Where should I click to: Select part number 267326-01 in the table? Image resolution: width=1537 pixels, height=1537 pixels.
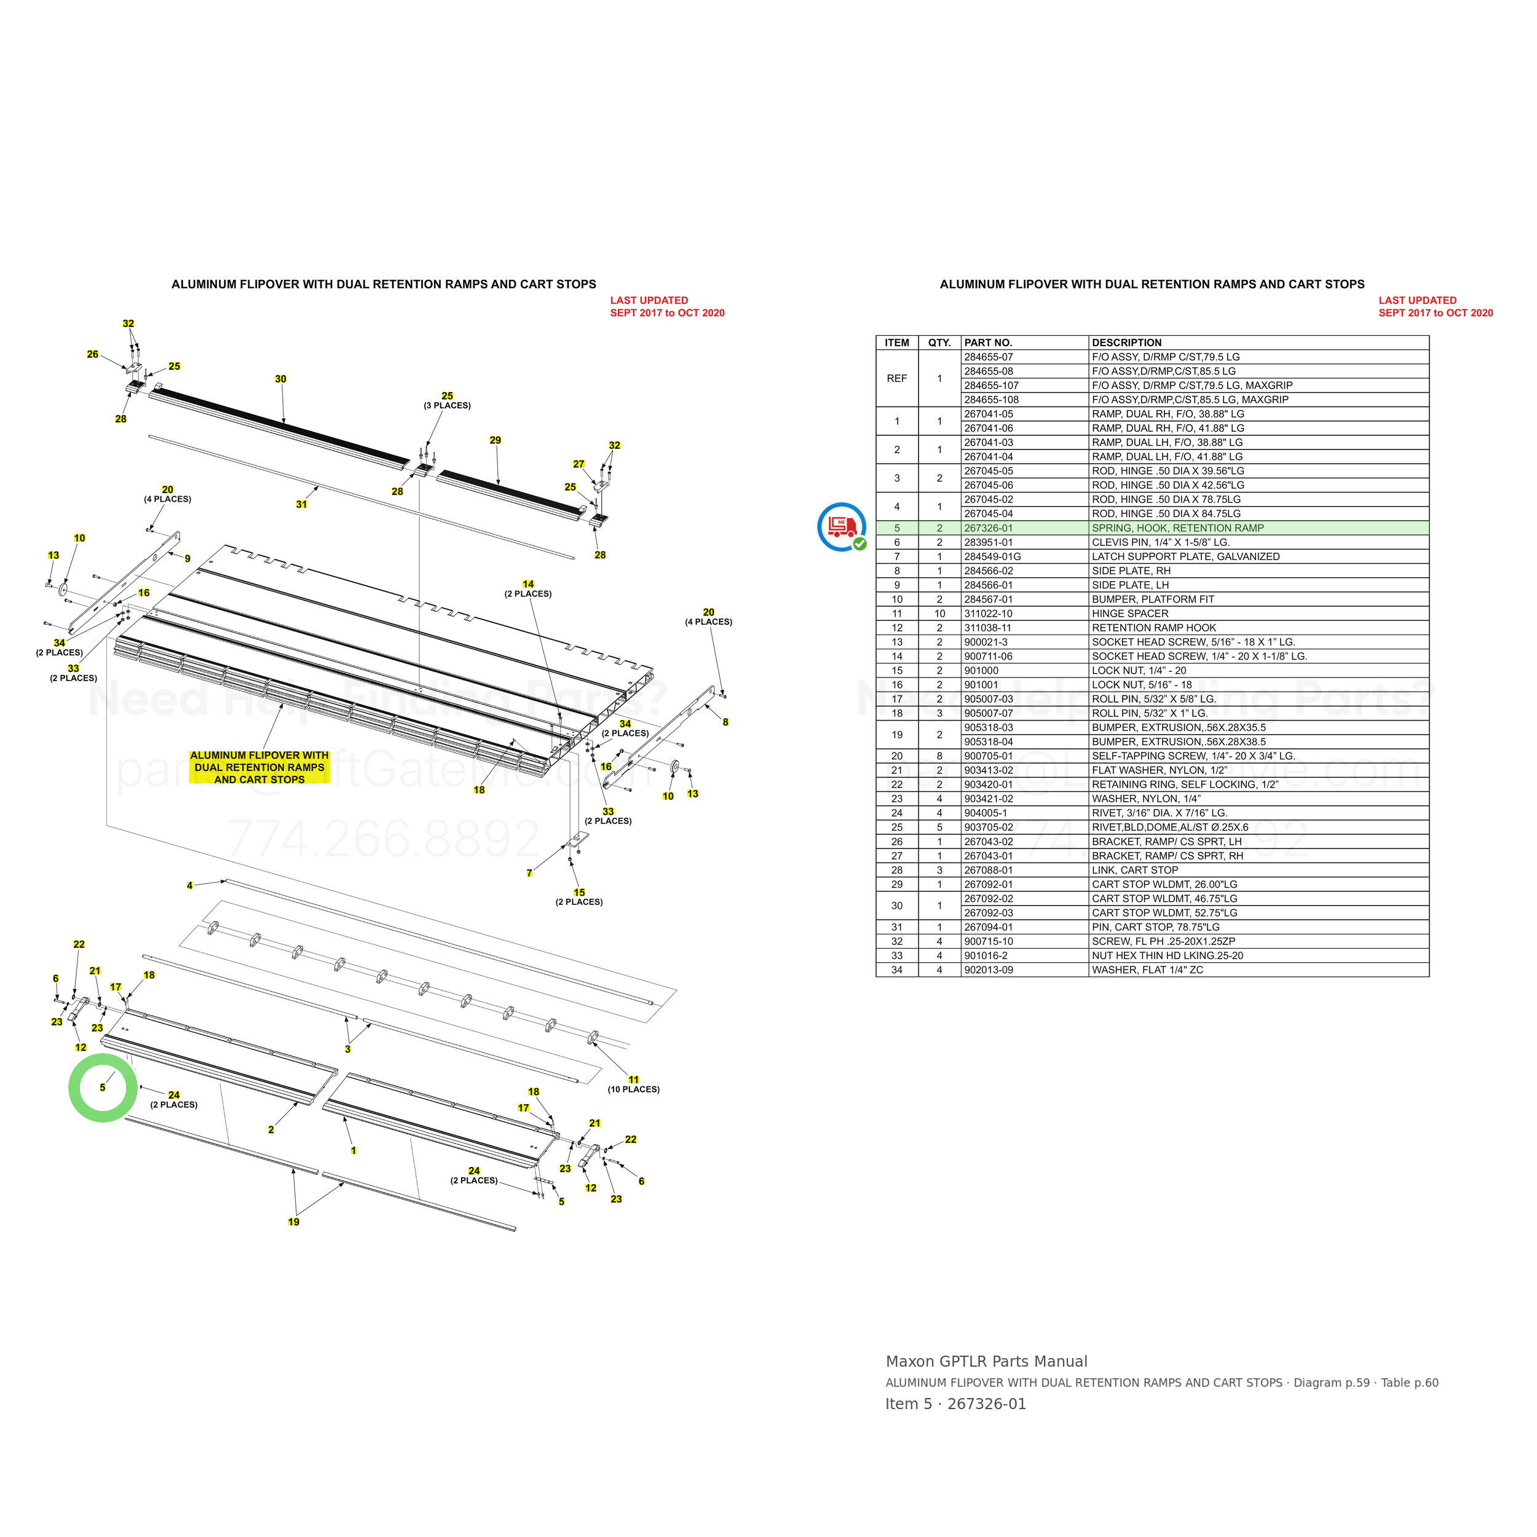(x=989, y=528)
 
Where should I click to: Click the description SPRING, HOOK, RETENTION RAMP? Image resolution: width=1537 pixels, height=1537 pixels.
(x=1177, y=528)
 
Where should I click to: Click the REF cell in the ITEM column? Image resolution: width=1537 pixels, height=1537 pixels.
(x=896, y=379)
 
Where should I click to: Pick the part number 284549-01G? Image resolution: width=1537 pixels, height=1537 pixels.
(x=993, y=557)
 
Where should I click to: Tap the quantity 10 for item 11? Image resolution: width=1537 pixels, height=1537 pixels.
(x=939, y=614)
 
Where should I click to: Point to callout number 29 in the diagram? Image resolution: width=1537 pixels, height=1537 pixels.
(x=496, y=440)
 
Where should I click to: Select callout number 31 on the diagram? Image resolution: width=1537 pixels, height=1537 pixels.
(x=301, y=504)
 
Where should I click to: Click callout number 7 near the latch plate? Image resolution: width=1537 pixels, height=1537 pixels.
(x=529, y=873)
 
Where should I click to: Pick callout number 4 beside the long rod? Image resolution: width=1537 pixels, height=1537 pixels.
(x=189, y=885)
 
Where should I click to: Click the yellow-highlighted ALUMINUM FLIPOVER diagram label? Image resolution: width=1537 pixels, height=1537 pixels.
(x=259, y=767)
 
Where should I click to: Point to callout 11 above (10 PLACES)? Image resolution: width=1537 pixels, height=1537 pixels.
(x=634, y=1080)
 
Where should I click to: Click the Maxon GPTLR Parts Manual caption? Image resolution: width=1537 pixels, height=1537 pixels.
(x=987, y=1361)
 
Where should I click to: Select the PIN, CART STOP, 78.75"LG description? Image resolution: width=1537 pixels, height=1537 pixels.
(x=1155, y=928)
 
